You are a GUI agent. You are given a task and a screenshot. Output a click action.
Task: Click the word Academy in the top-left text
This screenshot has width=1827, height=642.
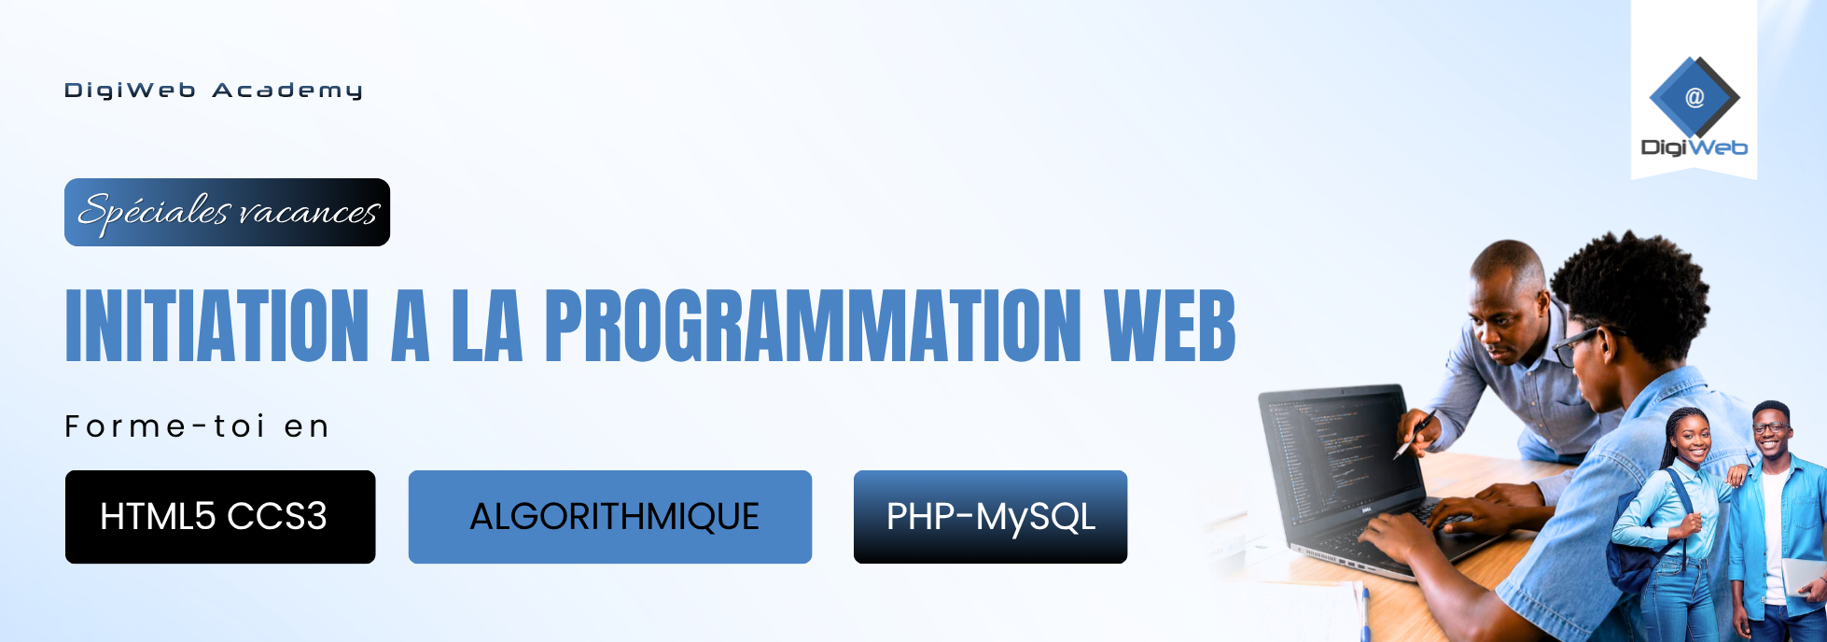click(x=287, y=91)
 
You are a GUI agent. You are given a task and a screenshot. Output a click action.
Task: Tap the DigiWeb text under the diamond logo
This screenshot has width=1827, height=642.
click(x=1694, y=147)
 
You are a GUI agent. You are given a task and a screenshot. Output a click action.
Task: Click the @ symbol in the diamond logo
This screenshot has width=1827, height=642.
click(x=1695, y=97)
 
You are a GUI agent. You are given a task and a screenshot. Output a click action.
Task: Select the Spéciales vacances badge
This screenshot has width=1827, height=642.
click(x=227, y=212)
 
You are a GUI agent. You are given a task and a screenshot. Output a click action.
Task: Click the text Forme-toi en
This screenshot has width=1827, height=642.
click(x=197, y=426)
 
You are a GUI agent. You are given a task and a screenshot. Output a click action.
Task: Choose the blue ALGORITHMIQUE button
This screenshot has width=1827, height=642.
click(x=610, y=517)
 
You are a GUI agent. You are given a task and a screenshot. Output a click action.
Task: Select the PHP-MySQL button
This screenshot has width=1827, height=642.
click(x=990, y=517)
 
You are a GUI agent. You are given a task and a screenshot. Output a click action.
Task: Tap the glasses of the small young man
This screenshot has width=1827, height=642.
click(x=1770, y=428)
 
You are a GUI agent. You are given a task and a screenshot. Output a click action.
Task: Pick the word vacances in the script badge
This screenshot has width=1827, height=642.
click(x=308, y=213)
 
